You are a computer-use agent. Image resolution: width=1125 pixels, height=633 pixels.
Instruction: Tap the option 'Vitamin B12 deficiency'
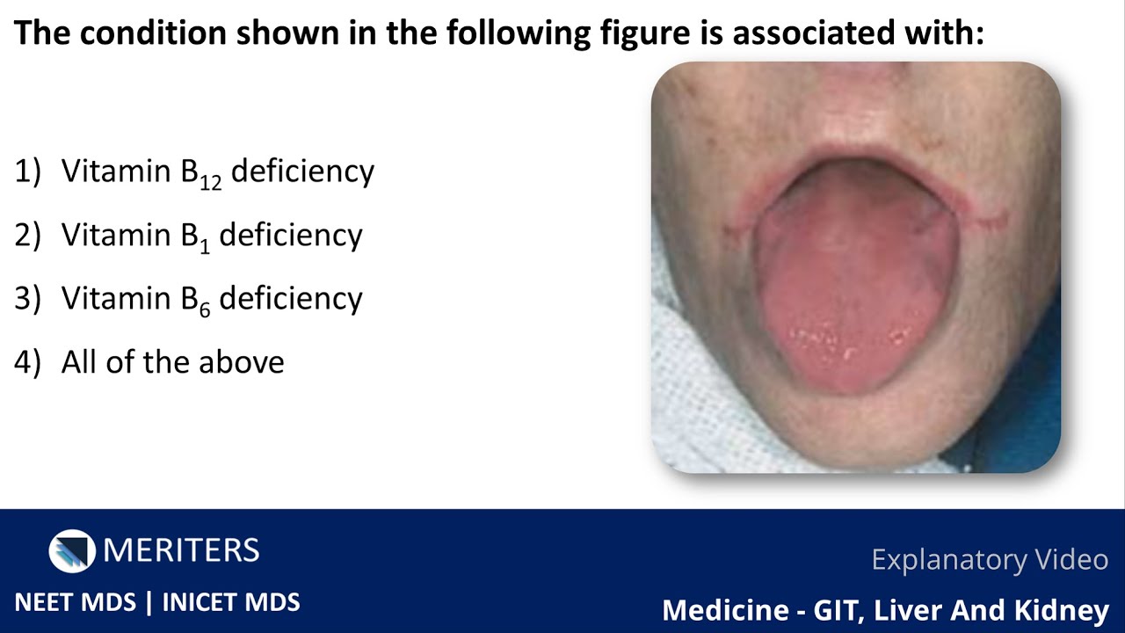(217, 171)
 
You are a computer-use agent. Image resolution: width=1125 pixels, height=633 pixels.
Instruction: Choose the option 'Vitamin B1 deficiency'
(211, 236)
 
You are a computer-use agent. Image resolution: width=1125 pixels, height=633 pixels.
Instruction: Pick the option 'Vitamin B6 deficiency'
(211, 299)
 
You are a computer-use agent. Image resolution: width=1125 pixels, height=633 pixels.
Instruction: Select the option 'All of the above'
(172, 362)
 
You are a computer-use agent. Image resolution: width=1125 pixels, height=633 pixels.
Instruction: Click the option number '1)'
(28, 171)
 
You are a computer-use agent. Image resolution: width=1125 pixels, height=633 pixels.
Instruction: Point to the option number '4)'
(28, 362)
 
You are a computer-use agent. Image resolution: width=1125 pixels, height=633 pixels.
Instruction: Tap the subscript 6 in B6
(205, 309)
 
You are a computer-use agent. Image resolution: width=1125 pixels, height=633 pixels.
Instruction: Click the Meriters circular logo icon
(72, 551)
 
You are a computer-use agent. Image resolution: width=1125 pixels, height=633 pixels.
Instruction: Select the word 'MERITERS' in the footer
(181, 551)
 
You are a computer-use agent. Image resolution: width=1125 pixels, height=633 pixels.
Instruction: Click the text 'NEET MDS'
(76, 602)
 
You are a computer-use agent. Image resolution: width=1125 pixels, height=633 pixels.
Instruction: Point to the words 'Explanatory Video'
(990, 559)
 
